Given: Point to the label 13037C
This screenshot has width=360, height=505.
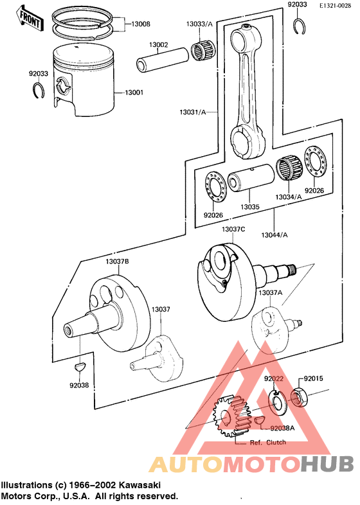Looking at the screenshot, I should click(234, 229).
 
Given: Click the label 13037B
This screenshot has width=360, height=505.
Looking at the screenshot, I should click(118, 261).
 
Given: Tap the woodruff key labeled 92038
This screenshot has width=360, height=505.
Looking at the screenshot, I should click(78, 367).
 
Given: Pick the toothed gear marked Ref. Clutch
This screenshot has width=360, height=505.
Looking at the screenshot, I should click(230, 414).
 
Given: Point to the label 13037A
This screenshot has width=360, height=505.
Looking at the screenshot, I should click(270, 292).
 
